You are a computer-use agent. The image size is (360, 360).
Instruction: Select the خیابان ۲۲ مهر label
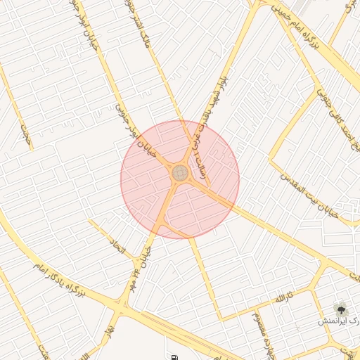[x=143, y=250]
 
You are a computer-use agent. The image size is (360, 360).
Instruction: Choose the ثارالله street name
[x=282, y=300]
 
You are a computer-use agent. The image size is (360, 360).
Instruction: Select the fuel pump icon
[x=174, y=357]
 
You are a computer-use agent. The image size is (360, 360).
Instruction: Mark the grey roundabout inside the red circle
[x=180, y=172]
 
